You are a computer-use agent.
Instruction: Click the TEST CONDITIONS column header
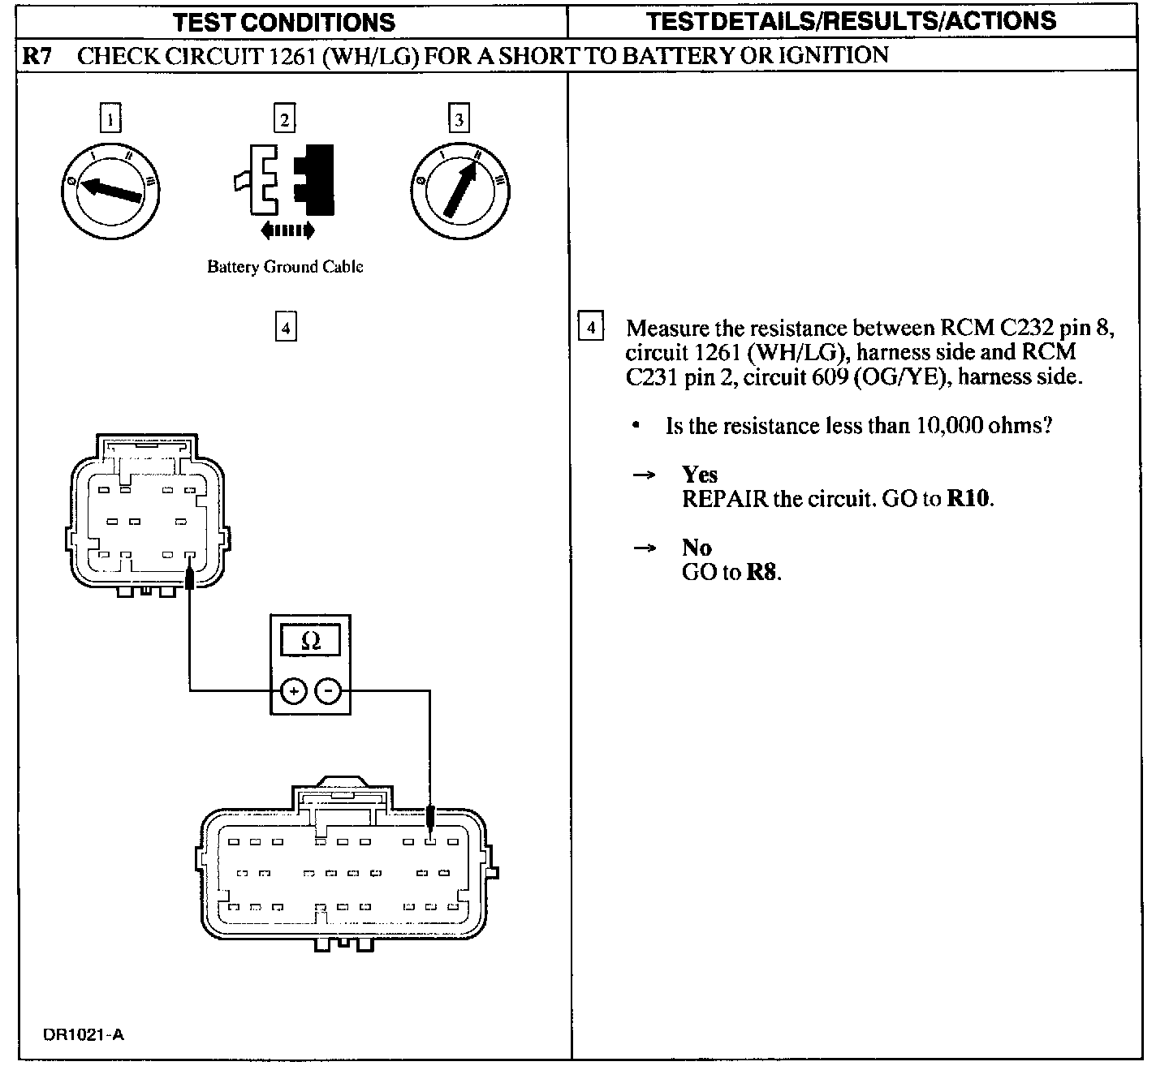click(x=284, y=22)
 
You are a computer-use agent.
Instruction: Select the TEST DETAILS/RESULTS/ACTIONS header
click(x=853, y=21)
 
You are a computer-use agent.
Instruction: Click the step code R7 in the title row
click(x=38, y=56)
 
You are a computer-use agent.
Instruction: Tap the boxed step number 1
click(x=110, y=120)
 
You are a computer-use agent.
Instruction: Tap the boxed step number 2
click(x=284, y=120)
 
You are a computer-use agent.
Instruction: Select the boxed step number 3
click(x=459, y=120)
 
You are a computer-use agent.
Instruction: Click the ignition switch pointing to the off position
click(x=110, y=189)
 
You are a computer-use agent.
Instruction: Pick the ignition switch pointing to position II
click(x=460, y=189)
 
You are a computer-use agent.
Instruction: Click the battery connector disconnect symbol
click(x=284, y=181)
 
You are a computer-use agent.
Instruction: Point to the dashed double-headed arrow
click(x=287, y=232)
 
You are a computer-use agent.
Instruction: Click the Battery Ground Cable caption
click(x=285, y=267)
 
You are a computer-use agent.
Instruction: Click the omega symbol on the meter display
click(x=310, y=642)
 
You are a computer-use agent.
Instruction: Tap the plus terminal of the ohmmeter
click(x=293, y=692)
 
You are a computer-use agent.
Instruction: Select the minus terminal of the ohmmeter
click(x=328, y=692)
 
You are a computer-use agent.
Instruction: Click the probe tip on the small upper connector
click(x=189, y=577)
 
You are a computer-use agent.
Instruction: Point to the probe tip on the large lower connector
click(x=430, y=815)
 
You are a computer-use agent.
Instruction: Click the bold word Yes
click(x=700, y=475)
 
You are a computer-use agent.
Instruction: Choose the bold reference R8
click(x=761, y=572)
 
